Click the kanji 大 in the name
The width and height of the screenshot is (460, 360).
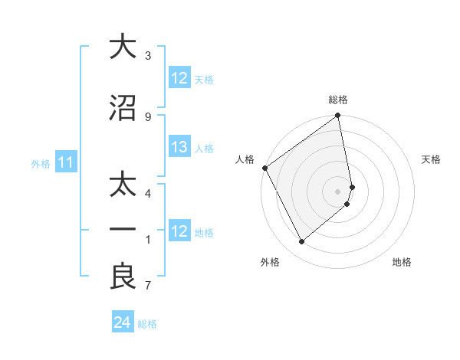click(x=122, y=47)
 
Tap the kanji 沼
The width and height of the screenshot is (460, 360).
click(x=122, y=108)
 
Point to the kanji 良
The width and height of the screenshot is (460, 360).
click(x=122, y=278)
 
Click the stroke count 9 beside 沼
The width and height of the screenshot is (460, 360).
click(x=147, y=116)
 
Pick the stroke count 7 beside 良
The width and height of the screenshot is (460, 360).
click(x=147, y=286)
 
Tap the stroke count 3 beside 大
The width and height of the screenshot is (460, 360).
click(x=147, y=55)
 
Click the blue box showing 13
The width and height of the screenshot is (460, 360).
click(x=179, y=148)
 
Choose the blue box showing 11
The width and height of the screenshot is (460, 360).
click(x=65, y=162)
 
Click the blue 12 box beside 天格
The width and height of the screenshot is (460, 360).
click(x=179, y=78)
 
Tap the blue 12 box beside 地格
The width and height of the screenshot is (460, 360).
click(x=179, y=231)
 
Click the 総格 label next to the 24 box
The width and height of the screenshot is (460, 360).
click(x=147, y=323)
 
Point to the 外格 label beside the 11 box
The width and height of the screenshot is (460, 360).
click(x=40, y=163)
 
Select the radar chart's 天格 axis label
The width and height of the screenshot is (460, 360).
click(x=432, y=159)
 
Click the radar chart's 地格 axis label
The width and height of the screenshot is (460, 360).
click(x=402, y=262)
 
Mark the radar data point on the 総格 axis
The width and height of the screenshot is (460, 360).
click(x=338, y=116)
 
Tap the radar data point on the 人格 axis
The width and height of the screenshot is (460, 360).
click(x=265, y=168)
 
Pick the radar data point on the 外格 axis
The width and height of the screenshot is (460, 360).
click(x=302, y=241)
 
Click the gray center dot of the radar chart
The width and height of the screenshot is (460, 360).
click(x=338, y=191)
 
